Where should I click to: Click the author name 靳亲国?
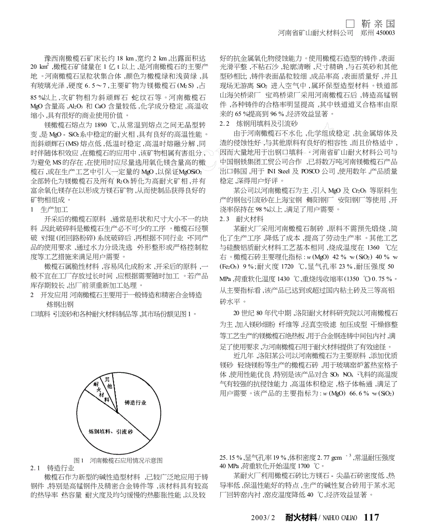pos(378,24)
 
